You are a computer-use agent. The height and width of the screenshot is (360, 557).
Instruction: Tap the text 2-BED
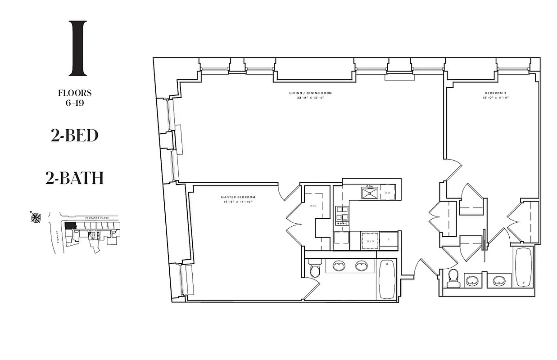(x=74, y=135)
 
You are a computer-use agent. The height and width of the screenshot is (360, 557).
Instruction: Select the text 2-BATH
(x=74, y=178)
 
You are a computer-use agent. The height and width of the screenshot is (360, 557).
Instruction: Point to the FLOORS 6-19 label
(x=75, y=97)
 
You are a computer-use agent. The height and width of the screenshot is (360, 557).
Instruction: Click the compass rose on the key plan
(x=36, y=218)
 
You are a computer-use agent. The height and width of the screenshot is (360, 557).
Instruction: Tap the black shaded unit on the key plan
(x=70, y=226)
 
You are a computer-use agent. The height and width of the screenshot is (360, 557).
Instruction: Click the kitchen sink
(x=370, y=193)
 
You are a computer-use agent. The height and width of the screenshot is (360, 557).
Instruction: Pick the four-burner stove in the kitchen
(x=342, y=216)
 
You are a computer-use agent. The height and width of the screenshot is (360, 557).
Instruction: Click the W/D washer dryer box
(x=371, y=241)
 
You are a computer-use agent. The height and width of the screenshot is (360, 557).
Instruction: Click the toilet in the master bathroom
(x=315, y=270)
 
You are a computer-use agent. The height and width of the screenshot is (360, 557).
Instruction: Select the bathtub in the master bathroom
(x=387, y=279)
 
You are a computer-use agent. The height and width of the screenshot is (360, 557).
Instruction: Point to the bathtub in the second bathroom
(x=523, y=268)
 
